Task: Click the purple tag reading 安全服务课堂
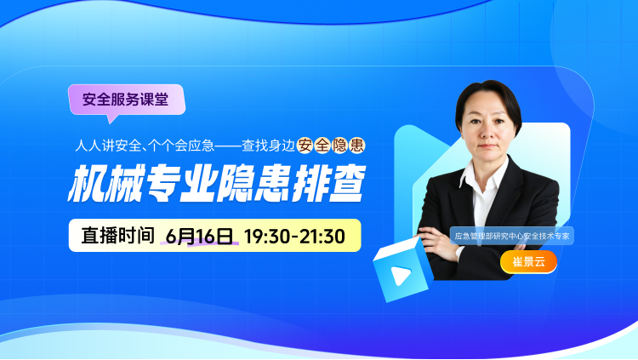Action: point(127,100)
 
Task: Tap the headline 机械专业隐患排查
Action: point(217,184)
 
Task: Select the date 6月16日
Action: point(199,236)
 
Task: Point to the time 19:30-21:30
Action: point(294,237)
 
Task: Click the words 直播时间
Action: point(117,236)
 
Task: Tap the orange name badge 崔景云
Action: point(528,261)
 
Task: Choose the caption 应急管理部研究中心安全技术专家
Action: point(511,236)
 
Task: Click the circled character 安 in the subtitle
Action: point(305,146)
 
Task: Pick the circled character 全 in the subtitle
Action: point(322,146)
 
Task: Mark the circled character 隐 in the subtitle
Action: point(339,146)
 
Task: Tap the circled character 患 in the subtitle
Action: point(356,146)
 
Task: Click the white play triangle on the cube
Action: point(401,275)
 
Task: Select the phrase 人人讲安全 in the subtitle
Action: point(107,146)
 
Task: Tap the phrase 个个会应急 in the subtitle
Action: point(181,146)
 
